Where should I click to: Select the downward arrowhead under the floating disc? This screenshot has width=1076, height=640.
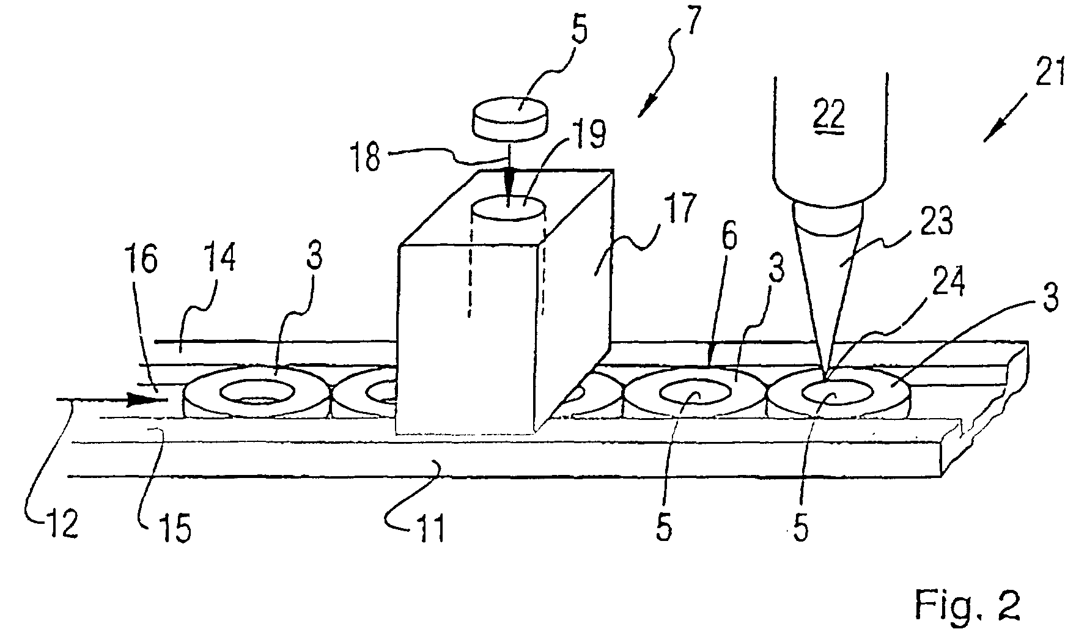coord(509,182)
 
